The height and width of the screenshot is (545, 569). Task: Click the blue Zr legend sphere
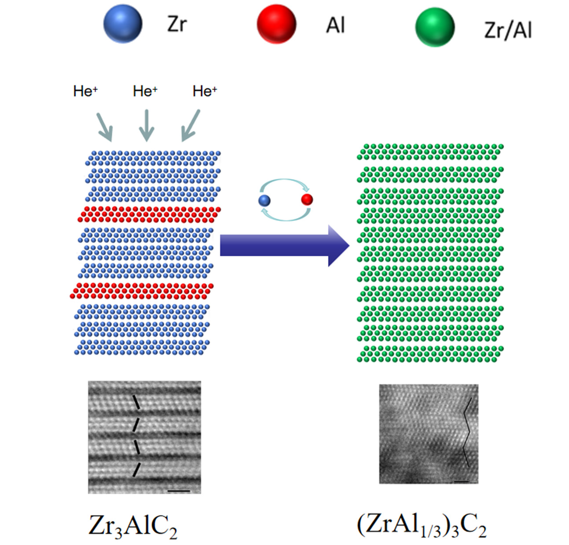[123, 24]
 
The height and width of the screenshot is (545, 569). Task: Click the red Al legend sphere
[276, 24]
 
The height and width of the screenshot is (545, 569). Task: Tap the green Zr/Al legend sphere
[434, 27]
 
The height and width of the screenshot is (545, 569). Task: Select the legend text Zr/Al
[508, 30]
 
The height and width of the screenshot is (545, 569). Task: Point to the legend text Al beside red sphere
[335, 25]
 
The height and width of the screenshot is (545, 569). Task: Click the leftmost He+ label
[85, 91]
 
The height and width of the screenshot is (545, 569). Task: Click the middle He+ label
[145, 91]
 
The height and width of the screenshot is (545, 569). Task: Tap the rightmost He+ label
[205, 91]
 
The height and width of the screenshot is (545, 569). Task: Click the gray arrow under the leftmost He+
[105, 127]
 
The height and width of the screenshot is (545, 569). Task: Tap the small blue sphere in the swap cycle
[264, 200]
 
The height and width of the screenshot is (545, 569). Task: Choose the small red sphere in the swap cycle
[307, 200]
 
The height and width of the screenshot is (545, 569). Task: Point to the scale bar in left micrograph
[179, 491]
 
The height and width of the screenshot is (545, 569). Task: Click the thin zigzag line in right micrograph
[467, 433]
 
